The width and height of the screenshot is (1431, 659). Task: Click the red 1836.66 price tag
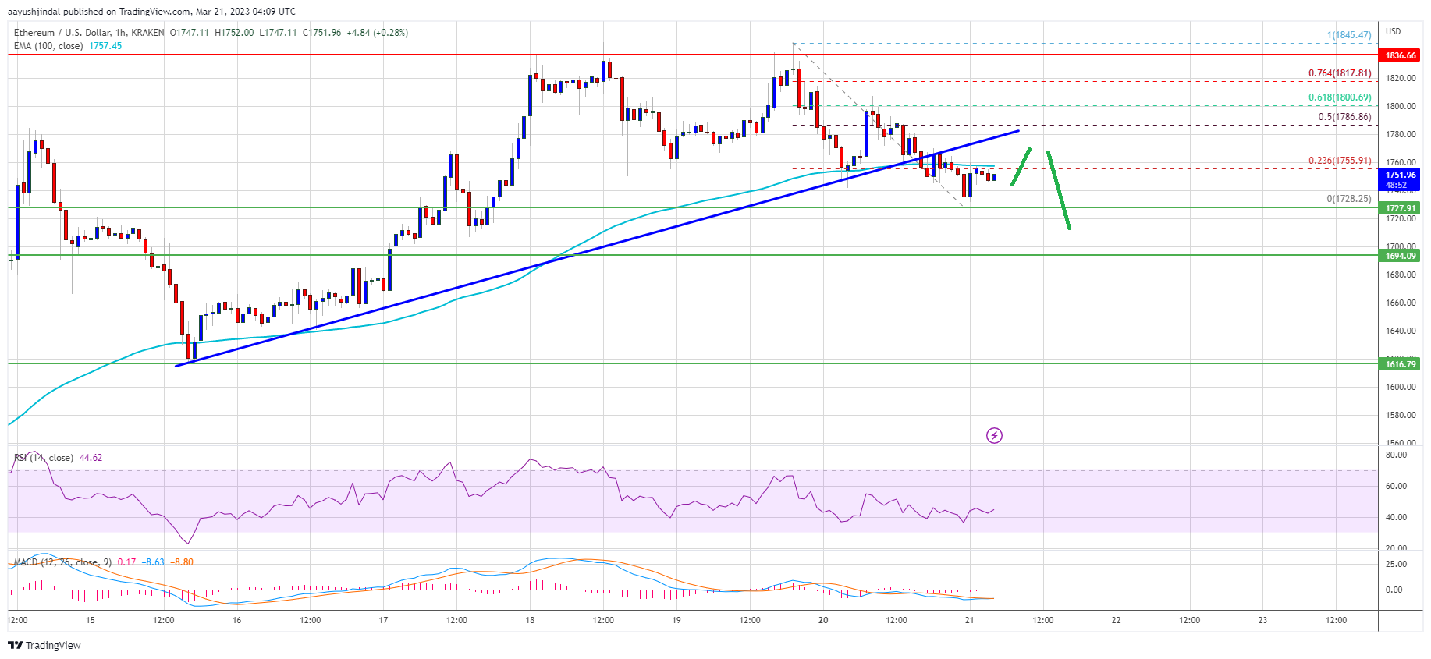[x=1400, y=55]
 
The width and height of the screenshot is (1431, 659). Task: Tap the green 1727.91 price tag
[x=1400, y=208]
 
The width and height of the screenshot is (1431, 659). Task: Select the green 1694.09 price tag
[x=1400, y=256]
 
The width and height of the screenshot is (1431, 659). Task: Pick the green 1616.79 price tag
[x=1400, y=364]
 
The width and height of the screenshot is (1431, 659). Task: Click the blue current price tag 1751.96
[x=1400, y=179]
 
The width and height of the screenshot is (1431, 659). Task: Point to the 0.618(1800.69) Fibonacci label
[x=1339, y=97]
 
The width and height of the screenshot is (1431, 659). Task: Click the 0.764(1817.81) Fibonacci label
[x=1339, y=73]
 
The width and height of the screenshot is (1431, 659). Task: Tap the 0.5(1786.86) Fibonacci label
[x=1344, y=117]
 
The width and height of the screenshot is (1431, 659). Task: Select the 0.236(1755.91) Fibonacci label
[x=1339, y=161]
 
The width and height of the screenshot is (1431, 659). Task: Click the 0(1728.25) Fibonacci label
[x=1348, y=199]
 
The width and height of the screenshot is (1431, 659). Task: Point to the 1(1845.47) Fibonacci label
[x=1348, y=35]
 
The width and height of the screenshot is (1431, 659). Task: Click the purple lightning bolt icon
[x=994, y=435]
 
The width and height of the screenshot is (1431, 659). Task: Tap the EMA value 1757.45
[x=105, y=46]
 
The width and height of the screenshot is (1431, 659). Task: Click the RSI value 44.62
[x=91, y=458]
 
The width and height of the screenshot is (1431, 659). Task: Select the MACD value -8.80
[x=183, y=562]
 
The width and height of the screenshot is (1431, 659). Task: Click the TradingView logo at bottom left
[x=44, y=645]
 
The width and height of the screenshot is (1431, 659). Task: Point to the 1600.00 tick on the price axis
[x=1400, y=387]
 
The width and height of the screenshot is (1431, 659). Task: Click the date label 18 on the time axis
[x=530, y=620]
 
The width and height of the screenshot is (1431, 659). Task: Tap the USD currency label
[x=1393, y=31]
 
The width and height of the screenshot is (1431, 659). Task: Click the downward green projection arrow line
[x=1058, y=190]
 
